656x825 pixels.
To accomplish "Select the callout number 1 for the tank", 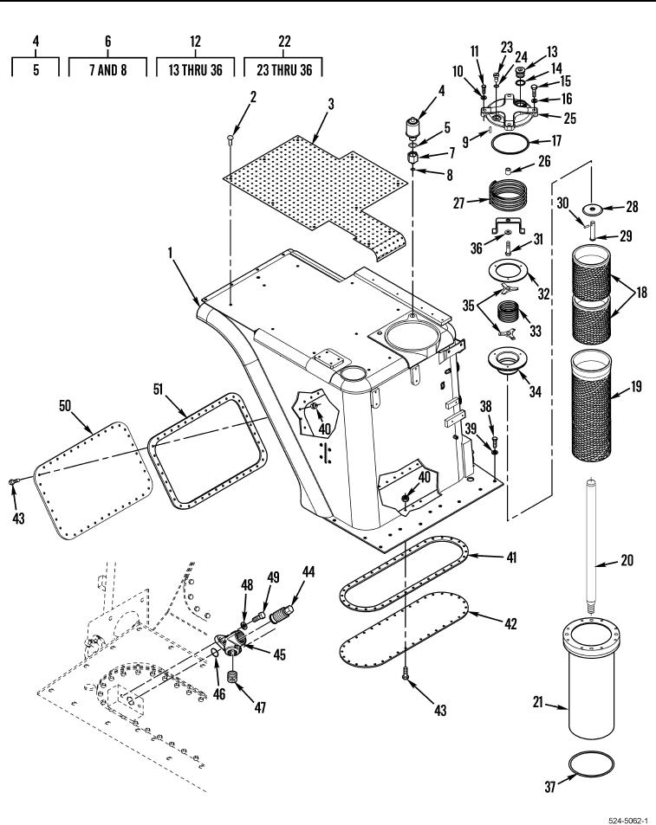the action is coord(171,254).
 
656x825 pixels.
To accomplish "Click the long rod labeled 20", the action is coord(592,546).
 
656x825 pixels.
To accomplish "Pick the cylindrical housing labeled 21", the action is coord(591,679).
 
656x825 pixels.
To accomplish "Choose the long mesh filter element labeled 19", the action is coord(591,404).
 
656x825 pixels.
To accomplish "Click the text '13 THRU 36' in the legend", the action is coord(195,69).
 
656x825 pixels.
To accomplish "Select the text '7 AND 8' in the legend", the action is coord(108,69).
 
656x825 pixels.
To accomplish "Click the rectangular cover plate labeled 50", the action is coord(93,480).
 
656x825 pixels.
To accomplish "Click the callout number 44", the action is coord(308,572).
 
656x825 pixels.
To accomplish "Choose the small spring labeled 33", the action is coord(509,312).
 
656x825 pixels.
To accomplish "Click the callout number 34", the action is coord(535,391).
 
